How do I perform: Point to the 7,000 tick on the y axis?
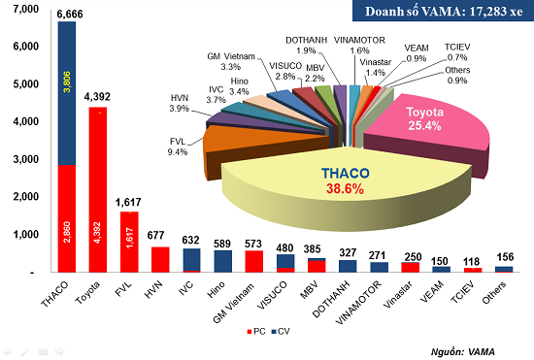point(23,9)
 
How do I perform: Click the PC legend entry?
point(256,332)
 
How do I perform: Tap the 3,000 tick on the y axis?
point(23,159)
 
